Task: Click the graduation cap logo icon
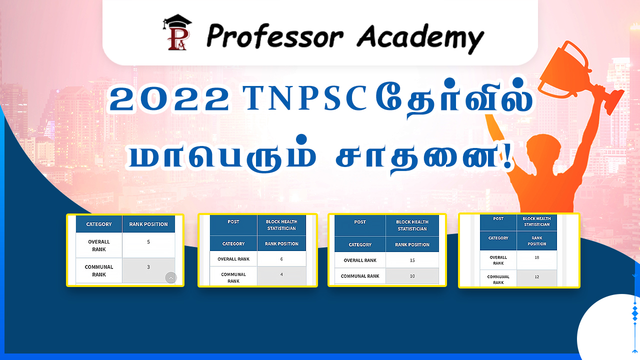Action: coord(177,32)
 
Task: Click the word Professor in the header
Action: coord(274,36)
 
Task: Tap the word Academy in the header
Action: coord(420,38)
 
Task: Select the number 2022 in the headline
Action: coord(169,99)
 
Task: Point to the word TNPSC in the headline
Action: coord(304,97)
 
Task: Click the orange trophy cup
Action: coord(577,74)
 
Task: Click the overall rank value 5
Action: coord(148,241)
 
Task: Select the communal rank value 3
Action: coord(148,267)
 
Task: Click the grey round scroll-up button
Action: coord(171,277)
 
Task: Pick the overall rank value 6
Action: coord(281,259)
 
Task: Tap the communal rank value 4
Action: coord(281,274)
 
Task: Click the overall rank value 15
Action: coord(412,260)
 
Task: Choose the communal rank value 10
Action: coord(412,276)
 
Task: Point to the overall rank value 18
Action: coord(536,257)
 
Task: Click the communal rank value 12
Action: coord(536,276)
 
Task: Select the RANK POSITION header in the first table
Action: coord(148,224)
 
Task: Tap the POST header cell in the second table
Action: coord(233,221)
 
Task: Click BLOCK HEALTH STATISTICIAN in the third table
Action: coord(412,225)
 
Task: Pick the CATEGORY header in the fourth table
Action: coord(498,238)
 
